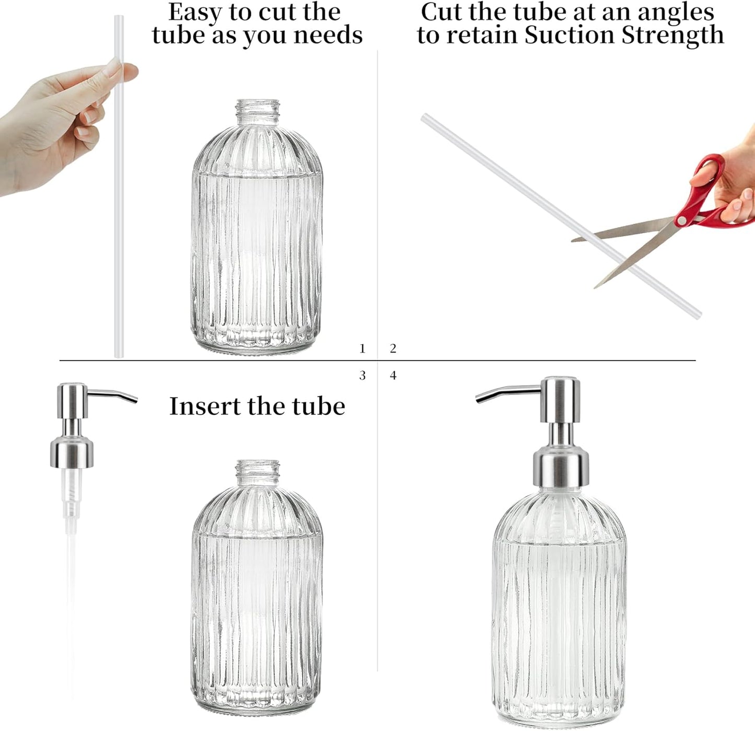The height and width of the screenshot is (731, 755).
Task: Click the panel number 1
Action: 362,349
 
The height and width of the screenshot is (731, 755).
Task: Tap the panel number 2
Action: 393,349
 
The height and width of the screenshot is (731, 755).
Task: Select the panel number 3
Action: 362,376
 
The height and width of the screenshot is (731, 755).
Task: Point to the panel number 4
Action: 393,376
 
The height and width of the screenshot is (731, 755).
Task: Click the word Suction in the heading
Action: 570,36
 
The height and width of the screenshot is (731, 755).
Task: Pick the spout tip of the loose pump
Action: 135,400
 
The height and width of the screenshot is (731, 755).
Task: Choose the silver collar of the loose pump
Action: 72,454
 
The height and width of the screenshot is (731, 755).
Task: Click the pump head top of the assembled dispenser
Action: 561,380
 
